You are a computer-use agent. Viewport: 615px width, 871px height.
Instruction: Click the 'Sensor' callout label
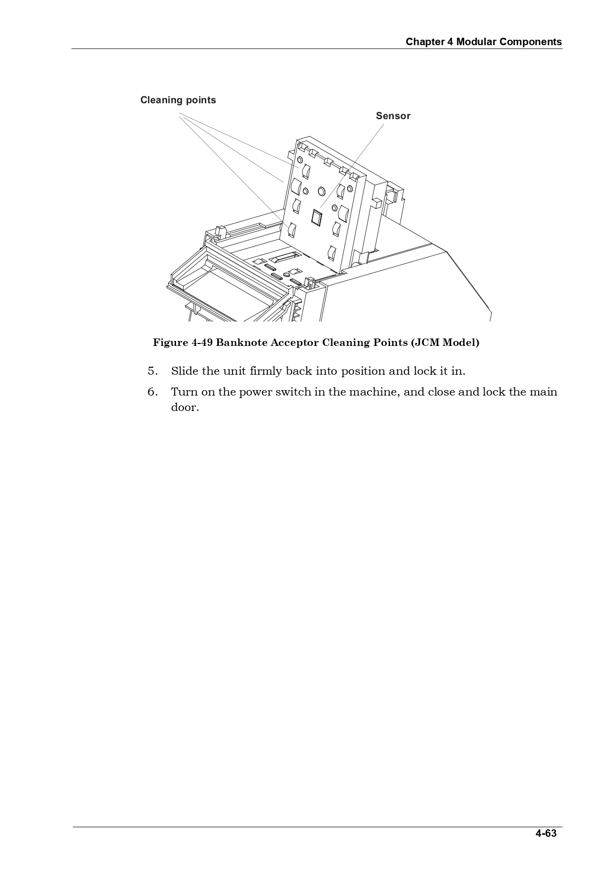(x=393, y=116)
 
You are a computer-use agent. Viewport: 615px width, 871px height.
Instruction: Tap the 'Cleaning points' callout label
(x=178, y=100)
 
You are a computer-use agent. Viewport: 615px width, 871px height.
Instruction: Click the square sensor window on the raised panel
(x=316, y=217)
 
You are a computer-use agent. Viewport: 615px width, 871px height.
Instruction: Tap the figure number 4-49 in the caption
(x=202, y=342)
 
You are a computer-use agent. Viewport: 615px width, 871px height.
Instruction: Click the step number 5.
(x=152, y=371)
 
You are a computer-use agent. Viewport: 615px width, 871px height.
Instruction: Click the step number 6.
(x=152, y=392)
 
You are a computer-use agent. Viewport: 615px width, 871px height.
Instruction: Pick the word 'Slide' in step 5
(x=184, y=371)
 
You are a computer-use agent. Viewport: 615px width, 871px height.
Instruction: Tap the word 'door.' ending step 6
(x=184, y=408)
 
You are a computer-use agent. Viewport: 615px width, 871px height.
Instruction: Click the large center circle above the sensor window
(x=321, y=191)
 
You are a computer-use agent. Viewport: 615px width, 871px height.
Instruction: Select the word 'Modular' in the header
(x=476, y=42)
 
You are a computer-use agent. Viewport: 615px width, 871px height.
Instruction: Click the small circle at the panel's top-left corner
(x=300, y=160)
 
